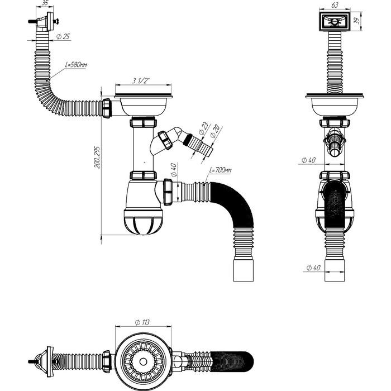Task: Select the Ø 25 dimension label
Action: point(63,37)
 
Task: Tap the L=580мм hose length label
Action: point(76,65)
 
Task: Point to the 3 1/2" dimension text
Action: point(141,82)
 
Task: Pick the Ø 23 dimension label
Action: point(202,128)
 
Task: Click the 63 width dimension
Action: point(335,4)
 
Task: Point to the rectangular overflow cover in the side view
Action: point(335,22)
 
